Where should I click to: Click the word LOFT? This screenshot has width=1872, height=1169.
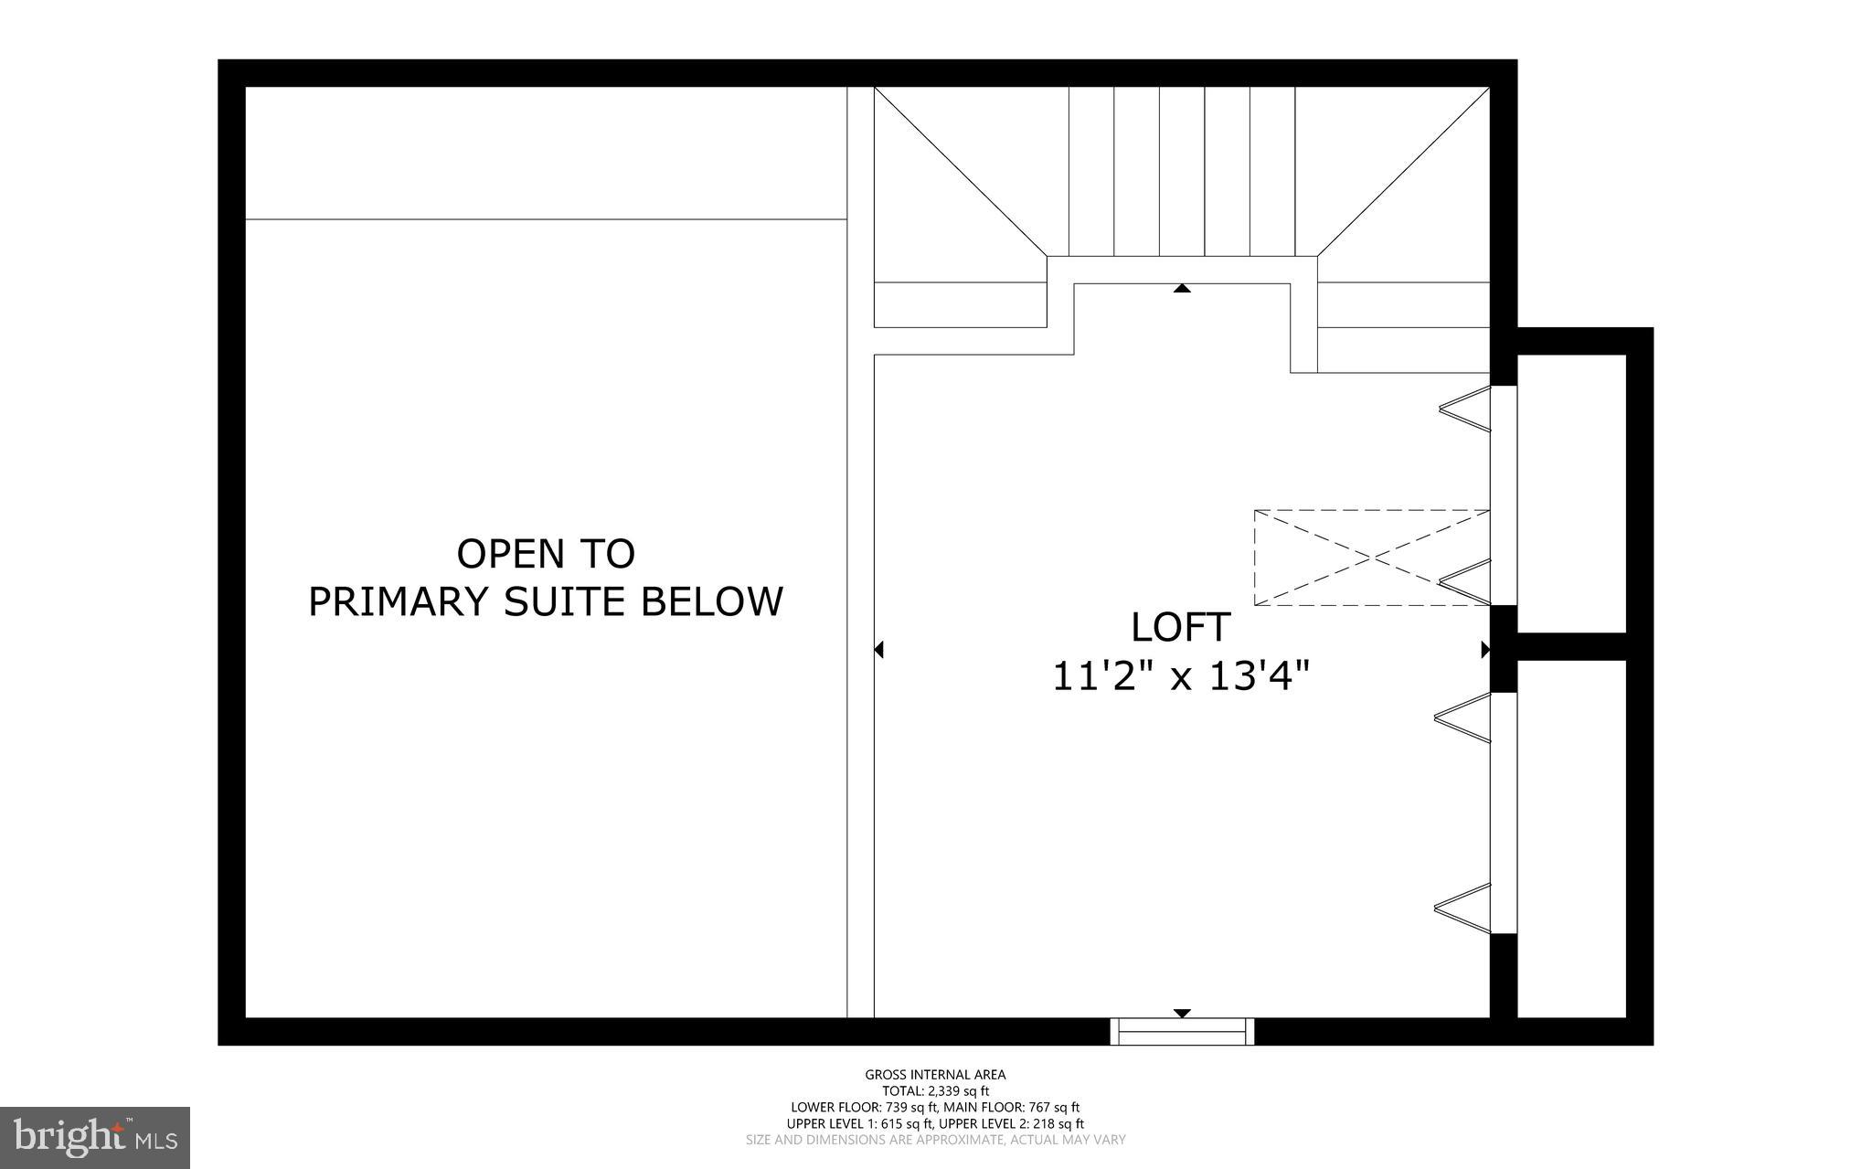tap(1180, 628)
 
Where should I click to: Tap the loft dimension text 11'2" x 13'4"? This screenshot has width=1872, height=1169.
tap(1181, 677)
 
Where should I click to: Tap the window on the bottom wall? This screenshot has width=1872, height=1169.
tap(1182, 1031)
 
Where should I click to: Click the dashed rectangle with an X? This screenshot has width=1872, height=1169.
tap(1371, 558)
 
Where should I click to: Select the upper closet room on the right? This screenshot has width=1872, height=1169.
tap(1571, 493)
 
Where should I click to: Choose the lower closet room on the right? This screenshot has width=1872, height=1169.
tap(1571, 838)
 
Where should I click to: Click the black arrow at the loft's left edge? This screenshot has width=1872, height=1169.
tap(879, 650)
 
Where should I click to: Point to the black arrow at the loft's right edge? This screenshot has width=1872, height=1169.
tap(1485, 650)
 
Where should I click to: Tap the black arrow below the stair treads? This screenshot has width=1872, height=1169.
tap(1182, 289)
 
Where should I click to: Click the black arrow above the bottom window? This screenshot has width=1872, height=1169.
tap(1182, 1013)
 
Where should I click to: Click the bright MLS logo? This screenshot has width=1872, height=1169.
tap(95, 1137)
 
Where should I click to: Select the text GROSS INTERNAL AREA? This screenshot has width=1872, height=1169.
tap(935, 1075)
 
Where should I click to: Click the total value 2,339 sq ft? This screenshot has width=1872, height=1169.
tap(959, 1091)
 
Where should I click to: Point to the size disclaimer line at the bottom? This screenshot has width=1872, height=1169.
tap(935, 1140)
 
